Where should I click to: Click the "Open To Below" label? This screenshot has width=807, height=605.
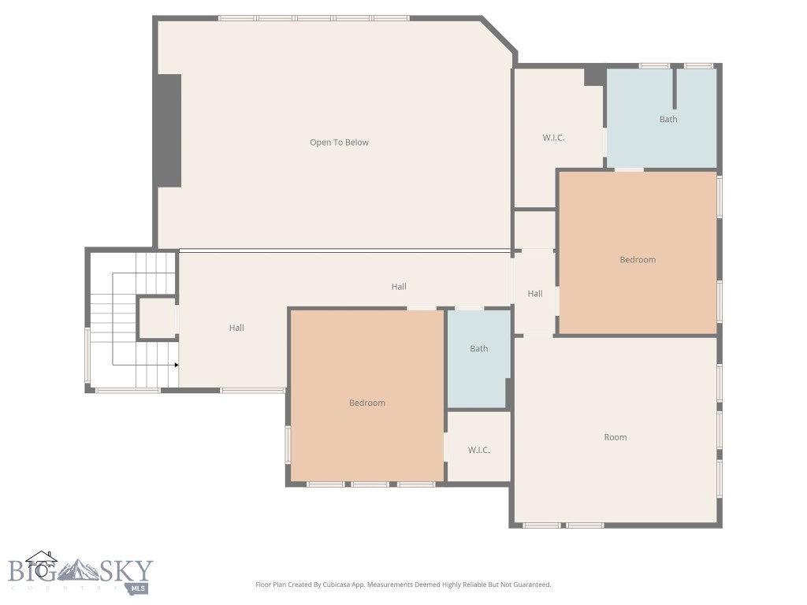pyautogui.click(x=339, y=143)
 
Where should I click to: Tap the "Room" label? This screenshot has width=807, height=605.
pyautogui.click(x=615, y=437)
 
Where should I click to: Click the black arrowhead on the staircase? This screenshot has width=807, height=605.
pyautogui.click(x=177, y=366)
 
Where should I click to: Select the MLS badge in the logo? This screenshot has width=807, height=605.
pyautogui.click(x=139, y=588)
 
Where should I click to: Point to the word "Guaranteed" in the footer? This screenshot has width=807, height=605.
pyautogui.click(x=531, y=585)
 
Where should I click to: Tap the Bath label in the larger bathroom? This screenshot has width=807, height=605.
pyautogui.click(x=668, y=120)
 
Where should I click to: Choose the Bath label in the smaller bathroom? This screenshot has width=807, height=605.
pyautogui.click(x=479, y=349)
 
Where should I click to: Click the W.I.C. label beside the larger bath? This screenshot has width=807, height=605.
pyautogui.click(x=553, y=138)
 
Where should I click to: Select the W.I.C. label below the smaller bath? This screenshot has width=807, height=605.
pyautogui.click(x=479, y=450)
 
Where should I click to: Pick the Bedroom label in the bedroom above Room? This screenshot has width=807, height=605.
pyautogui.click(x=638, y=260)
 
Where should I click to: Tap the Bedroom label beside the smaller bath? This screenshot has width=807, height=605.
pyautogui.click(x=367, y=403)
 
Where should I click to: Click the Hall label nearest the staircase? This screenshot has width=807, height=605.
pyautogui.click(x=236, y=328)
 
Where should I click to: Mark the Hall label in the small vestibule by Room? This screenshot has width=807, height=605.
pyautogui.click(x=535, y=294)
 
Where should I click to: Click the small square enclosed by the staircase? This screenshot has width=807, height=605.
pyautogui.click(x=157, y=318)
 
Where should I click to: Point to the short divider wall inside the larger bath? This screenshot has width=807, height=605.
pyautogui.click(x=675, y=88)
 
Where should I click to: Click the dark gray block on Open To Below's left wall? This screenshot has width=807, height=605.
pyautogui.click(x=169, y=131)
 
